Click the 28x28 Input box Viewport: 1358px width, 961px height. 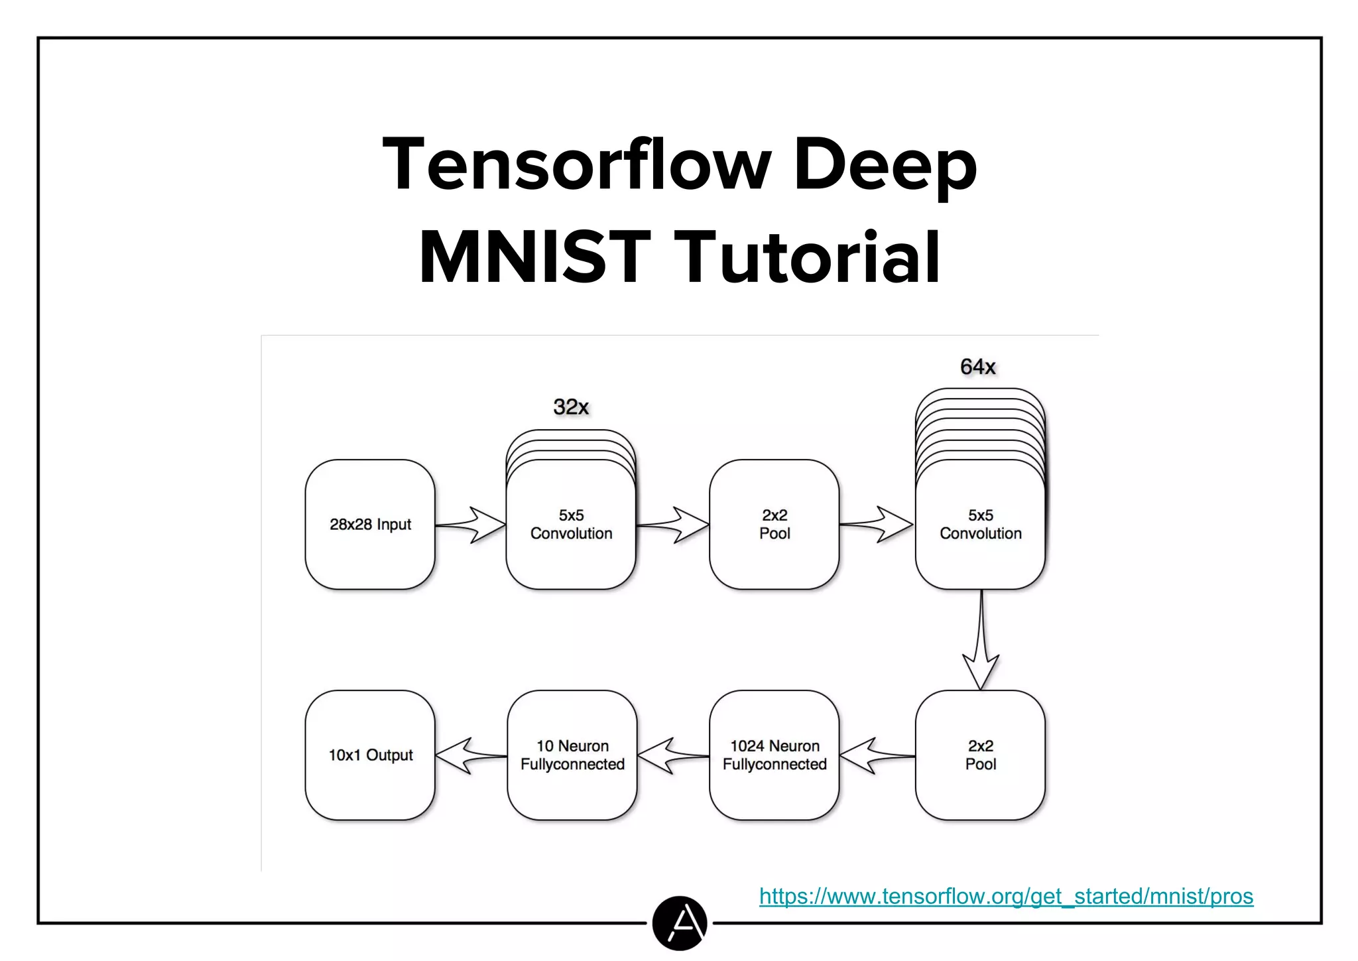coord(370,524)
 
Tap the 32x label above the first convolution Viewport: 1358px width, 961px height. coord(571,407)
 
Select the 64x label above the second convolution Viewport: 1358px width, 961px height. coord(978,367)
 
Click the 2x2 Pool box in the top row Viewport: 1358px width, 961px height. coord(774,524)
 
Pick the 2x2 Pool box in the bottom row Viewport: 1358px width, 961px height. coord(980,755)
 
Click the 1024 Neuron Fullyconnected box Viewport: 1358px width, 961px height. coord(774,755)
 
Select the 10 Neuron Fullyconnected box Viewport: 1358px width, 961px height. coord(572,755)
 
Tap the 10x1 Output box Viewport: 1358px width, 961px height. coord(370,755)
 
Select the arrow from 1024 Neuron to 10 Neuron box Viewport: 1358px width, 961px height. coord(672,755)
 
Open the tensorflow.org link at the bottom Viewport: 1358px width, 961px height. coord(1006,897)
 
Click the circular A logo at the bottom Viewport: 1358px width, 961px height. coord(679,923)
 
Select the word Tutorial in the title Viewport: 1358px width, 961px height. coord(810,257)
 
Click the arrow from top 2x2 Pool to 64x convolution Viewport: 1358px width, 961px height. coord(877,525)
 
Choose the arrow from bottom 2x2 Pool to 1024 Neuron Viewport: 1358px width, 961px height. coord(877,755)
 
